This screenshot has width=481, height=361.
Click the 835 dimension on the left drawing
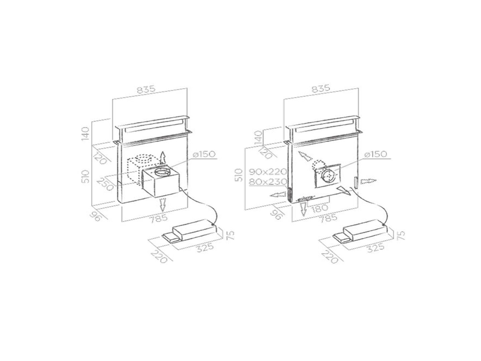click(146, 90)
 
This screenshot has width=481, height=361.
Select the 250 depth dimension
click(105, 184)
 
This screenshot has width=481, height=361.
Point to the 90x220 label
click(268, 171)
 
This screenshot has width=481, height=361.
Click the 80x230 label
click(268, 182)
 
